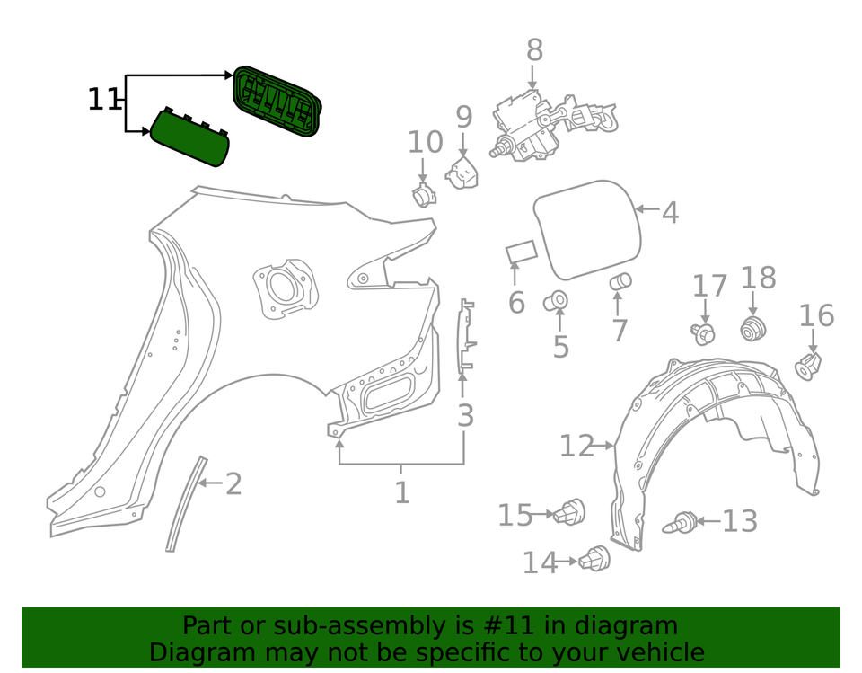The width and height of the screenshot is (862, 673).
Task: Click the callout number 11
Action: [x=103, y=99]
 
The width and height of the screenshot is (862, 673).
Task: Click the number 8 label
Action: [x=534, y=49]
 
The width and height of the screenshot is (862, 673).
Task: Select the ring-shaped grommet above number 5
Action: [x=557, y=299]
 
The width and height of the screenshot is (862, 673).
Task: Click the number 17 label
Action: [x=709, y=287]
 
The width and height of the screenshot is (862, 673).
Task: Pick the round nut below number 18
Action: [x=752, y=329]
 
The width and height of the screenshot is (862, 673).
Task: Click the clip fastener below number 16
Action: [x=809, y=365]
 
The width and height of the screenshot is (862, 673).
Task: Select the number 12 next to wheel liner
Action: [x=577, y=445]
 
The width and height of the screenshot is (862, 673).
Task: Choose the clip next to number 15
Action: [x=571, y=513]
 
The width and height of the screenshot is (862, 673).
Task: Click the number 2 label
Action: [x=233, y=484]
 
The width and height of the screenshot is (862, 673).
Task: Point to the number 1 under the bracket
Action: [x=401, y=492]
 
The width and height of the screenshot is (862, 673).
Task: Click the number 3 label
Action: [x=465, y=416]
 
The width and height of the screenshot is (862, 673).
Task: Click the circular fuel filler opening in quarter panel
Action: [x=286, y=287]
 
